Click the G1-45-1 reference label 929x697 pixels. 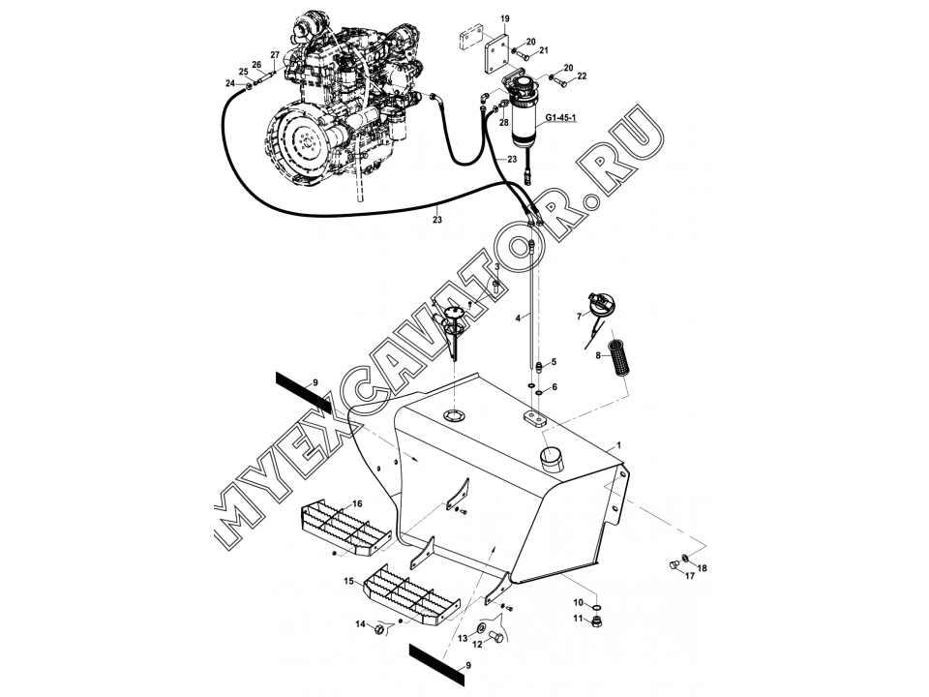[560, 118]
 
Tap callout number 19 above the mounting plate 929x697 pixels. [504, 19]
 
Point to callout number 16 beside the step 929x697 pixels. [357, 503]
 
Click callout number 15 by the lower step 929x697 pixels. [349, 581]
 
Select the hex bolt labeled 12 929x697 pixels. [496, 638]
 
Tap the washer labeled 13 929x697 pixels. [481, 627]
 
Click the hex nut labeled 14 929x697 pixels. [379, 629]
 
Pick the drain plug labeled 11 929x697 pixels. [597, 621]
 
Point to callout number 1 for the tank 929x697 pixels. [619, 444]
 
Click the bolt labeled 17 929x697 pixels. [674, 564]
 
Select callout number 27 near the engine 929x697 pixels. [275, 55]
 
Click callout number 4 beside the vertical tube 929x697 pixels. [518, 318]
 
